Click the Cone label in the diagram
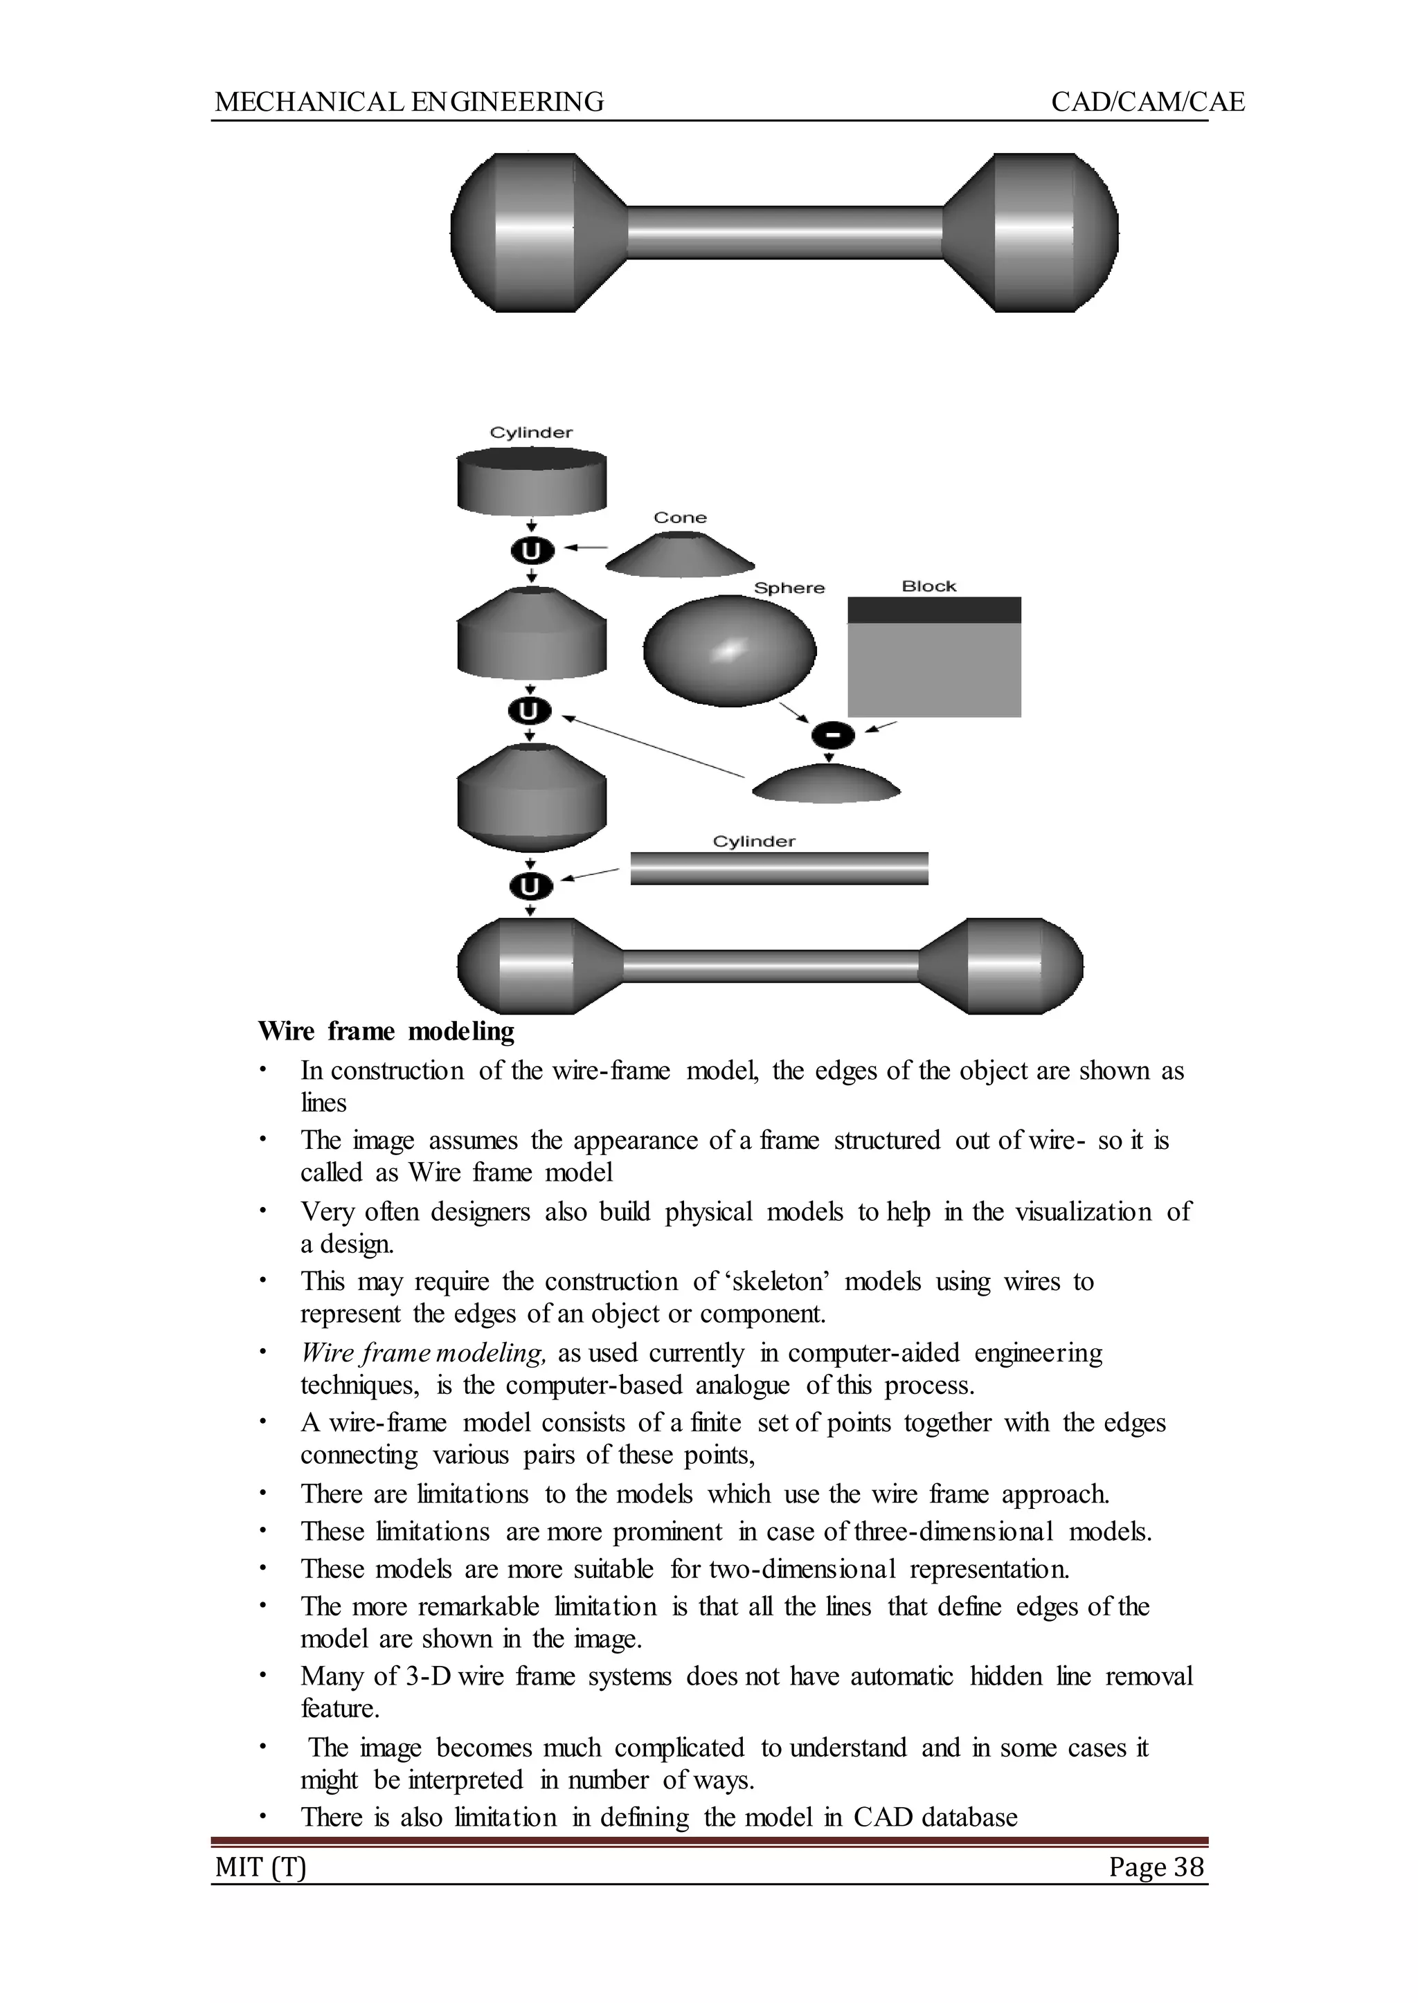679,518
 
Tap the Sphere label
789,588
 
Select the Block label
928,586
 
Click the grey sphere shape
729,650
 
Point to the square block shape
933,659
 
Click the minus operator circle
833,736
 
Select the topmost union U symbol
532,551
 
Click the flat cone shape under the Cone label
679,556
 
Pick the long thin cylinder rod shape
778,869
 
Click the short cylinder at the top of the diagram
532,482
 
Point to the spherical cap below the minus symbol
825,786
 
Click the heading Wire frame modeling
386,1032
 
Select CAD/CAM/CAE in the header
1147,102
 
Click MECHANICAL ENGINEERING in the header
409,102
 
